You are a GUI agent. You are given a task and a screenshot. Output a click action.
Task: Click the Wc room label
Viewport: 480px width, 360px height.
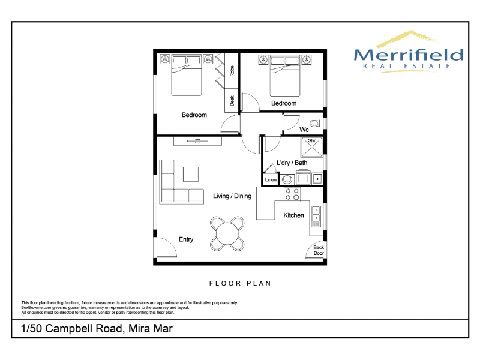(304, 130)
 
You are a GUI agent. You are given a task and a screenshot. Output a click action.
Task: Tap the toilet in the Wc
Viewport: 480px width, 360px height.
(317, 124)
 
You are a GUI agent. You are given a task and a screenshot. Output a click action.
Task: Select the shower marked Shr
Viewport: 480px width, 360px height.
(312, 147)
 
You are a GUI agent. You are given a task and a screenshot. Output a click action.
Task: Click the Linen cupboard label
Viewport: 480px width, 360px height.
(271, 179)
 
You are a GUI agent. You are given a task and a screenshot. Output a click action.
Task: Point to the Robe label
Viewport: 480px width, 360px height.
(232, 71)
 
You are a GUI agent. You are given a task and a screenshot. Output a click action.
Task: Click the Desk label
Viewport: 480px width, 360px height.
(232, 101)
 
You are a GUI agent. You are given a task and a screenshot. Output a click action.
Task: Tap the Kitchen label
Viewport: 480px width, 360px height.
(293, 215)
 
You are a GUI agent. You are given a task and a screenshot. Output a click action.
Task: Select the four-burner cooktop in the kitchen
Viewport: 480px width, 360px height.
(292, 194)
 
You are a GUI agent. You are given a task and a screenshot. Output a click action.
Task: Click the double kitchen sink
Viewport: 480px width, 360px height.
(316, 217)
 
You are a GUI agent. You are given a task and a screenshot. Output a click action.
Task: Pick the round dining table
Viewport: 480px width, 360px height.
(227, 234)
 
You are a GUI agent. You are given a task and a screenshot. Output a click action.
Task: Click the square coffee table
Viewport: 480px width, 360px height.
(191, 174)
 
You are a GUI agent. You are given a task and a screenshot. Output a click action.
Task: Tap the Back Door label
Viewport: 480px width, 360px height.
(319, 250)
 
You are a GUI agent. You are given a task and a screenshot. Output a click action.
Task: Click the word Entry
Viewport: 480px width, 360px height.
(186, 239)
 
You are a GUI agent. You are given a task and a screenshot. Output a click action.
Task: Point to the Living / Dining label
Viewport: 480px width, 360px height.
(232, 196)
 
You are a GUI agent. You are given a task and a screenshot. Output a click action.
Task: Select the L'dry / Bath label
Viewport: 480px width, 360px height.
(292, 163)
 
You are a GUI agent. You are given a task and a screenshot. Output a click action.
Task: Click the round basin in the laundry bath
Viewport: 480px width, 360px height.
(287, 179)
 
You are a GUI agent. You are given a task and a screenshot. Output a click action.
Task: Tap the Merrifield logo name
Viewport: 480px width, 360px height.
(409, 55)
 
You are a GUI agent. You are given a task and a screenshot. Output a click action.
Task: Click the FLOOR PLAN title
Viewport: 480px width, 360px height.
(240, 283)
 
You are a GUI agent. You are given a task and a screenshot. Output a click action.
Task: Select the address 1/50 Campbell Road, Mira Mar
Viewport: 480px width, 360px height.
(97, 328)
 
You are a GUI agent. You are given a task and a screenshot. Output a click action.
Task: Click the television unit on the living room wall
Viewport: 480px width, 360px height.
(197, 141)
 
